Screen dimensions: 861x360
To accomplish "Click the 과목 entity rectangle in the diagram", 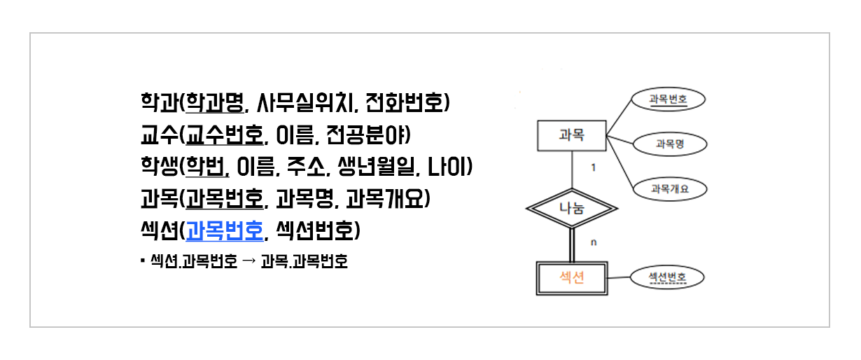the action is tap(572, 137).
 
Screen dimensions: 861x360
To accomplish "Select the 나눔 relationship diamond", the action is tap(572, 208).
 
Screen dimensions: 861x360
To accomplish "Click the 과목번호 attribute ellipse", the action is tap(668, 99).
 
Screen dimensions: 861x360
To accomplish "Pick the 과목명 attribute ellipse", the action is tap(669, 144).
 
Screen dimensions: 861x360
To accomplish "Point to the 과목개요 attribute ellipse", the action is tap(669, 188).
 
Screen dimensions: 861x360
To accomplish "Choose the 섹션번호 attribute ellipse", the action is tap(666, 278).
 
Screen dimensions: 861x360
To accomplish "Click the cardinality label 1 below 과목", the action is tap(594, 168).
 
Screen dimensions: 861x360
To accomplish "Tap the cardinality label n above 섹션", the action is tap(594, 243).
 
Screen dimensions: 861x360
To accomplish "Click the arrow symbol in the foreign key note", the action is tap(248, 263).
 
